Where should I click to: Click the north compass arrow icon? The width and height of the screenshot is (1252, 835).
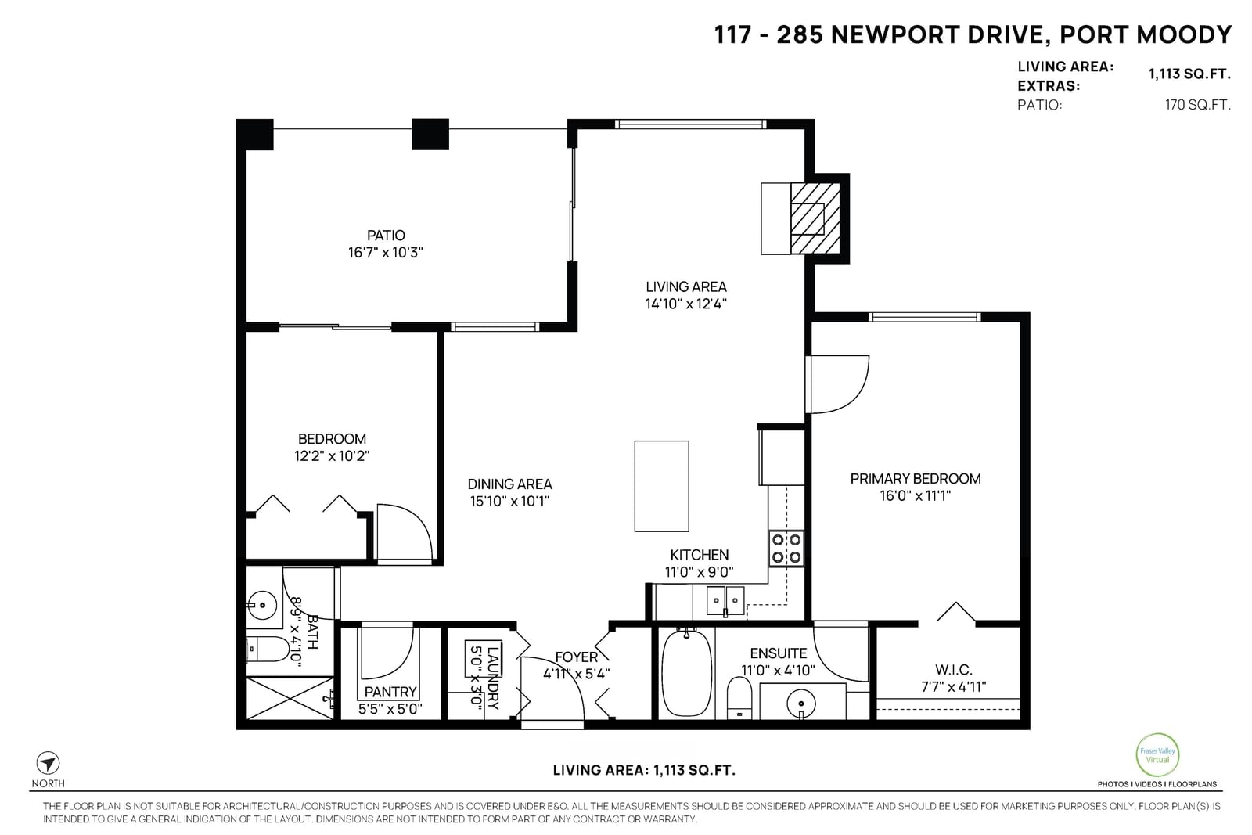click(x=48, y=763)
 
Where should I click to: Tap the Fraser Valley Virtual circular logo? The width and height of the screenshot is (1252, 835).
click(x=1157, y=755)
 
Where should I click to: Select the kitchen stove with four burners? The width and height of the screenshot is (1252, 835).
click(x=786, y=549)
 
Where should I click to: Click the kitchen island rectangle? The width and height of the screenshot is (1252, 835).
click(x=661, y=486)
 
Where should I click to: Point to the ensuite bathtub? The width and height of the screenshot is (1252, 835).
click(x=687, y=673)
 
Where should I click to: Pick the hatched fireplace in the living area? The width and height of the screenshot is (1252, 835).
click(x=815, y=218)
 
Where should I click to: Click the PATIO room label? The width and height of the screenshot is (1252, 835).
click(x=386, y=236)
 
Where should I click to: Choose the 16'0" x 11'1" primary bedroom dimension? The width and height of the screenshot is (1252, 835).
click(x=915, y=495)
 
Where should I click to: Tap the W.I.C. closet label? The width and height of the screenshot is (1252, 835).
click(x=954, y=670)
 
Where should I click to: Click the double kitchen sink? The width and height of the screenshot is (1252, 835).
click(x=725, y=601)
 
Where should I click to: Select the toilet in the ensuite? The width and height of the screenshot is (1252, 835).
click(x=739, y=698)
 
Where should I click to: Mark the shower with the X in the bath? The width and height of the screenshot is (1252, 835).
click(x=290, y=699)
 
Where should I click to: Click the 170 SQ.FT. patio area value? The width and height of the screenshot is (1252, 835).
click(x=1198, y=105)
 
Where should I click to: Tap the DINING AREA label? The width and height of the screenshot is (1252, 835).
click(x=509, y=484)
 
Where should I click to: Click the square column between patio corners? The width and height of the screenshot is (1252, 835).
click(x=430, y=134)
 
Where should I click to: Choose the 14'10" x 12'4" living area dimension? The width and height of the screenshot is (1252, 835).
click(x=685, y=304)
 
